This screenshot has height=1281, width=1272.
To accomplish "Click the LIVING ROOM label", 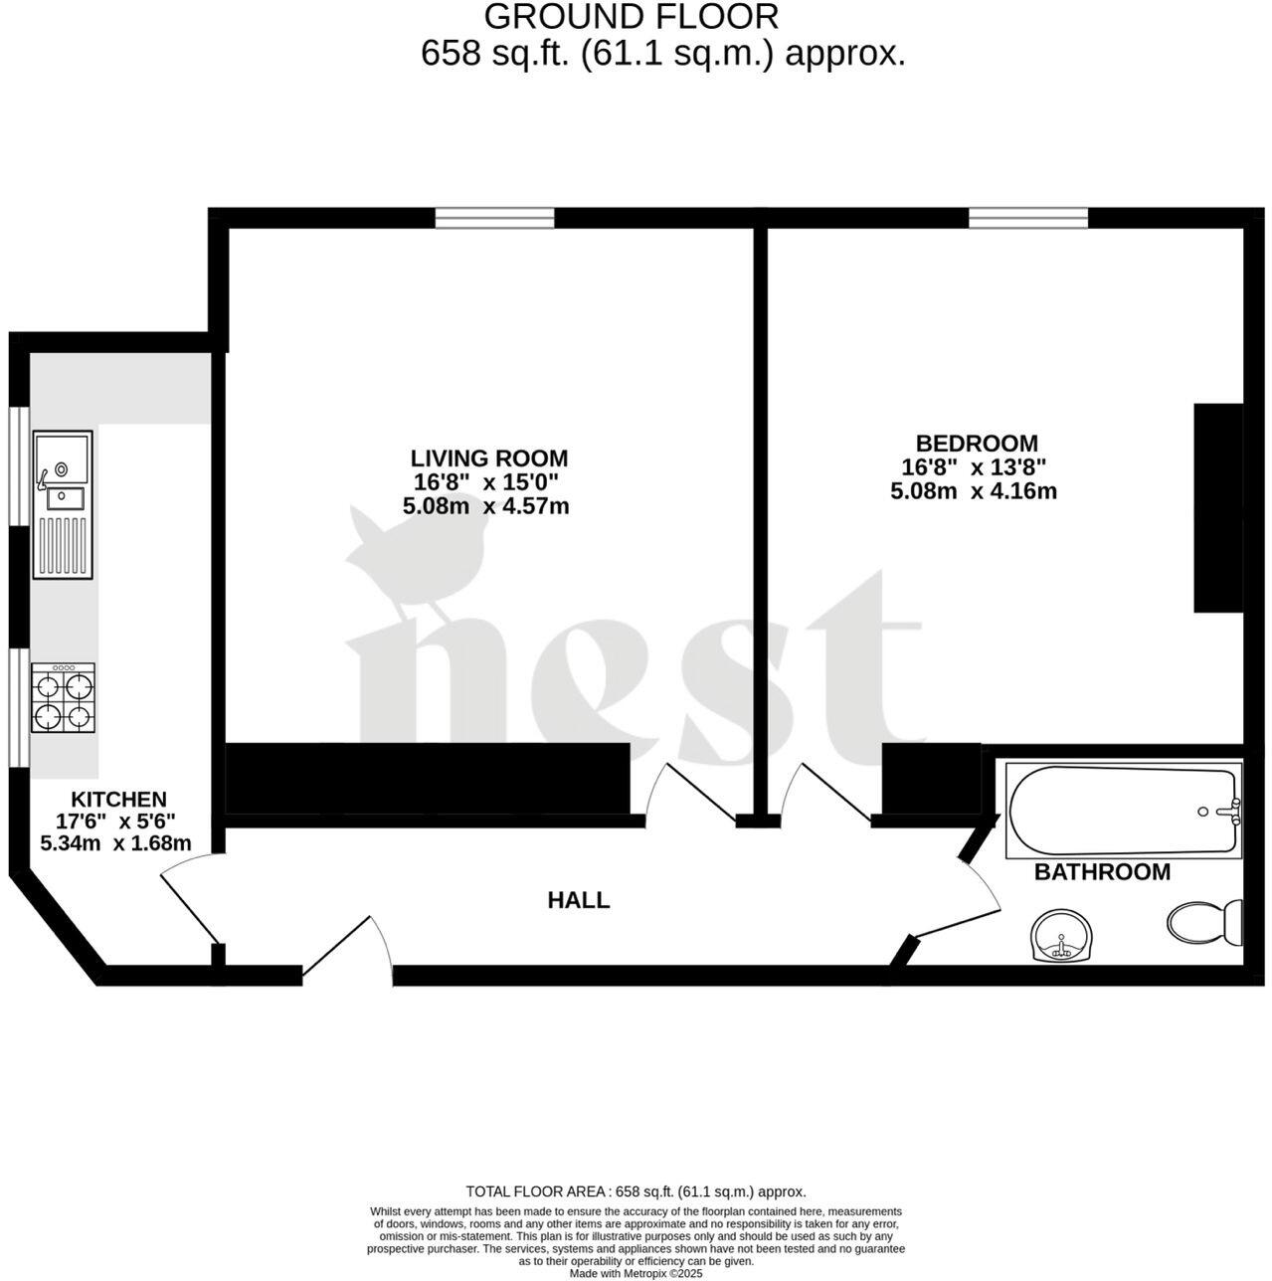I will pos(489,458).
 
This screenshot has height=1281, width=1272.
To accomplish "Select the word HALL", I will pos(578,901).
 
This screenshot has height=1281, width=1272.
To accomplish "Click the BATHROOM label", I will pos(1102,873).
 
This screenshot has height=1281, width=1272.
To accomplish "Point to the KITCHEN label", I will pos(118,800).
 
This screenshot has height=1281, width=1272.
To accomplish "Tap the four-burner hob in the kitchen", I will pos(63,698).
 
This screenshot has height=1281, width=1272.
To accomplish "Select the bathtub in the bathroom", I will pos(1124,811).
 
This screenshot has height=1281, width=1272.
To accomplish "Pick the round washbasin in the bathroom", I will pos(1063,936).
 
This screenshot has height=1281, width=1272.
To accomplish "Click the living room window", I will pos(494,217).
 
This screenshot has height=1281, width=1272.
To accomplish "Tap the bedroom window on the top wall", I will pos(1028,217).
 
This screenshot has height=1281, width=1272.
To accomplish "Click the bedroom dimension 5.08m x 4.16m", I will pos(973,491).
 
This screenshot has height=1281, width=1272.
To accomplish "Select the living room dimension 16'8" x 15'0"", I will pos(486,483).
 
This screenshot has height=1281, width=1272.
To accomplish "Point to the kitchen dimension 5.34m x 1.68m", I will pos(115,843).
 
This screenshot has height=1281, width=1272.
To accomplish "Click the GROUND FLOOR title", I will pos(632,17).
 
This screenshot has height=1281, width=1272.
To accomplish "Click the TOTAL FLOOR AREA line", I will pos(636,1191).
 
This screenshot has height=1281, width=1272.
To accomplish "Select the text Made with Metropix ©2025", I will pos(636,1273).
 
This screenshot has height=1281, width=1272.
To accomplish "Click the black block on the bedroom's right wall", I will pos(1218,506).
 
